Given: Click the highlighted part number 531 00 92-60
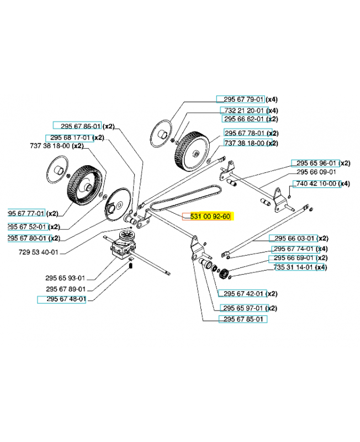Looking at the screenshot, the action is [x=210, y=217].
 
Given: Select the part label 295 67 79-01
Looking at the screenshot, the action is [x=243, y=99].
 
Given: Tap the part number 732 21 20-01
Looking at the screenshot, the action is [x=244, y=110].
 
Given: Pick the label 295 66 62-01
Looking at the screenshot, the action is [x=244, y=119].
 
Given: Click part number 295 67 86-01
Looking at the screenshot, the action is [x=81, y=126].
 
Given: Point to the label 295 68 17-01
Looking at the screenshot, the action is [x=70, y=138].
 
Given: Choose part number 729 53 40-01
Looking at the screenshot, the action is [x=38, y=252].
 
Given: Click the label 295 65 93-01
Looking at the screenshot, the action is [x=65, y=278].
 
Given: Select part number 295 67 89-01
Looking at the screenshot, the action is [x=66, y=289].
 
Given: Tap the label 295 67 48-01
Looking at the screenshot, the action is [x=66, y=299].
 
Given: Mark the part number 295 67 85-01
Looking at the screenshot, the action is [x=243, y=319].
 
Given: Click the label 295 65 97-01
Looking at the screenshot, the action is [x=243, y=308].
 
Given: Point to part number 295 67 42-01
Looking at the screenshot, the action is [x=243, y=294].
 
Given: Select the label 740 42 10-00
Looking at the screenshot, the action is [x=316, y=183].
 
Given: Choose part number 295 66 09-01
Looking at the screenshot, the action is [x=316, y=172].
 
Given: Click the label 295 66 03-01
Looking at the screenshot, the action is [x=294, y=238].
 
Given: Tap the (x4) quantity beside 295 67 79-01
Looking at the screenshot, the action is [x=272, y=99].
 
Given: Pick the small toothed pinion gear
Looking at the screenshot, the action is [x=223, y=273].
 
